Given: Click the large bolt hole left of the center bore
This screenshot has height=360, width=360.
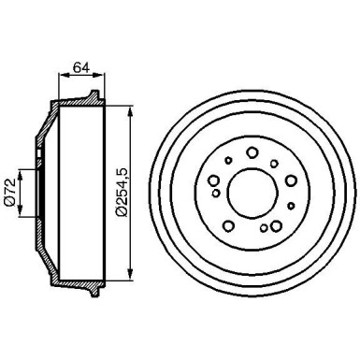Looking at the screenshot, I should coord(214,181).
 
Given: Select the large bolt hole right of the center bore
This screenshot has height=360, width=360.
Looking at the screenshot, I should coord(289,181).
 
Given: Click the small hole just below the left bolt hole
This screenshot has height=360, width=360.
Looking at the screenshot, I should coord(217,194).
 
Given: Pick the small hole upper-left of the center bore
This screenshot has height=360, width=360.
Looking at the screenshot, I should coord(227,161).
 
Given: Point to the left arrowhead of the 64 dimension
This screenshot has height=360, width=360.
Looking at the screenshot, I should coord(60,76).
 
